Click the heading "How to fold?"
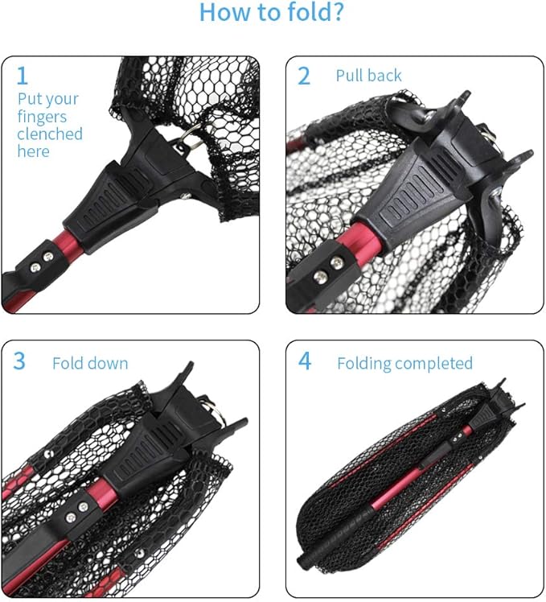[273, 13]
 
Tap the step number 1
[23, 76]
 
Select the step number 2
[304, 76]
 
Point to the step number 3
[20, 361]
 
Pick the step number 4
[305, 361]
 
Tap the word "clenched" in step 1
[50, 134]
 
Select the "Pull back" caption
[368, 76]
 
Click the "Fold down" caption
[90, 364]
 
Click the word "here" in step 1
[33, 152]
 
